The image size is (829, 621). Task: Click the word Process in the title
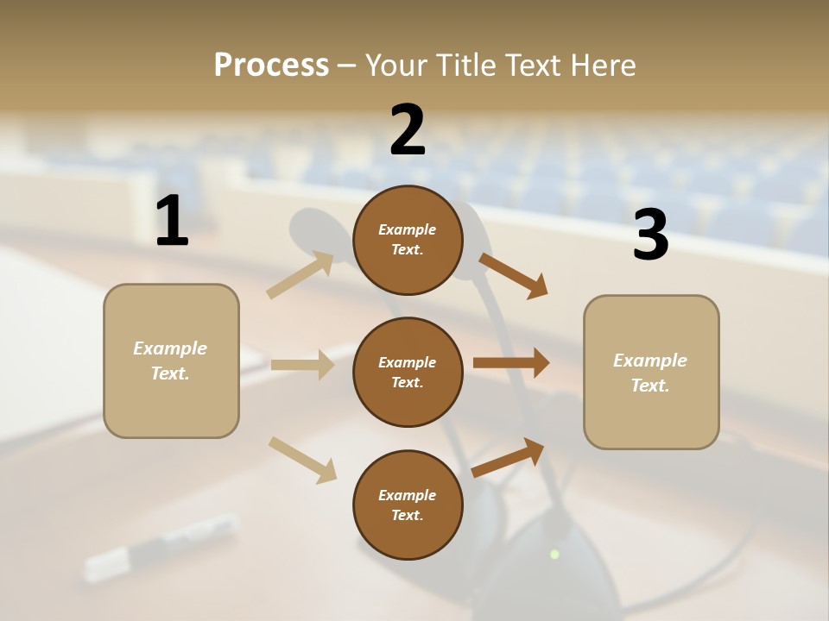click(x=271, y=65)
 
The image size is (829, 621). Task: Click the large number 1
click(x=172, y=221)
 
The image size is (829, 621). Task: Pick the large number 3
click(x=650, y=235)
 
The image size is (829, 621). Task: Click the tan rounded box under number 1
click(x=171, y=361)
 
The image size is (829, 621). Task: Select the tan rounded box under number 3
click(x=651, y=373)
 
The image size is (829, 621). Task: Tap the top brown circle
click(x=408, y=240)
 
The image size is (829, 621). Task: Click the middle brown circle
click(x=408, y=372)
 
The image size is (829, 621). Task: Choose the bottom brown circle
click(x=408, y=505)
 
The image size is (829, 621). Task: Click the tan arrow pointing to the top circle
click(x=301, y=275)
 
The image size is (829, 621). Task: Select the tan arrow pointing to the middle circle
click(x=302, y=365)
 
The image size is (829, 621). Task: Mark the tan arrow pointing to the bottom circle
click(x=302, y=460)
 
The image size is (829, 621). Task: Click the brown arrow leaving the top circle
click(x=514, y=275)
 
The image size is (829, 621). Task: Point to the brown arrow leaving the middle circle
click(x=511, y=363)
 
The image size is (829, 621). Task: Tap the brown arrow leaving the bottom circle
click(x=509, y=457)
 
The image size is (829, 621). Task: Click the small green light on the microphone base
click(x=554, y=554)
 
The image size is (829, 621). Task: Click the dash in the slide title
click(x=346, y=66)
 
